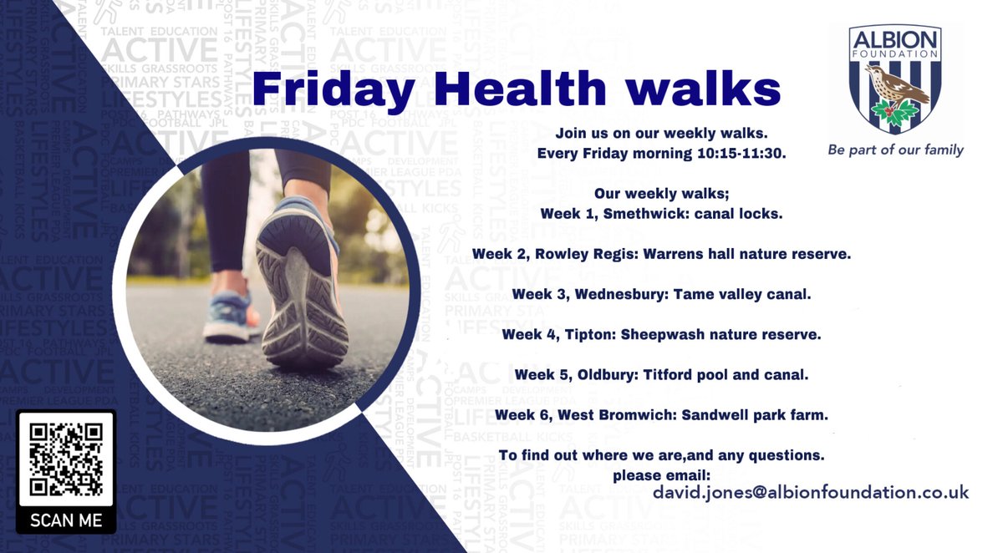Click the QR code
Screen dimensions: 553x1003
[x=66, y=459]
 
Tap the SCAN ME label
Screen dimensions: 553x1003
[x=66, y=520]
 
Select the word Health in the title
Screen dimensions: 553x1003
[x=514, y=89]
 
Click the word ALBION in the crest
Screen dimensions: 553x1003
[x=895, y=39]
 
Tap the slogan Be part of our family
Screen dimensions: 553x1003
[x=895, y=150]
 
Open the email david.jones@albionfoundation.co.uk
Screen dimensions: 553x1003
[x=810, y=492]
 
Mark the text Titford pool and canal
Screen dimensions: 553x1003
[x=726, y=374]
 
